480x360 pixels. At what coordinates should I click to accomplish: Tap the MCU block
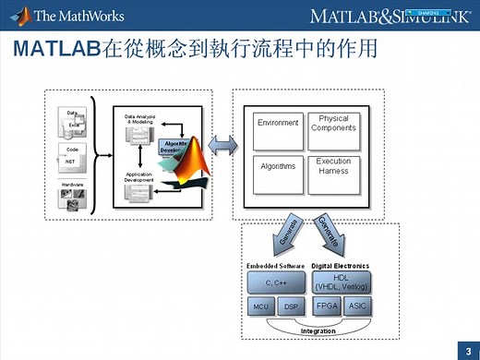260,306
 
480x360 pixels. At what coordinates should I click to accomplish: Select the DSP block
291,306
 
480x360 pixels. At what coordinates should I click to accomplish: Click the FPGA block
326,306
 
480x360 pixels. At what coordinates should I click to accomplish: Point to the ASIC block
356,306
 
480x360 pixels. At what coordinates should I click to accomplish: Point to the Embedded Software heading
275,266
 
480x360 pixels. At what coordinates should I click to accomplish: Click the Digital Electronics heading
342,266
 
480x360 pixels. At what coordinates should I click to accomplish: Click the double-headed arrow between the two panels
225,146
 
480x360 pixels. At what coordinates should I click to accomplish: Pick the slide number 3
468,349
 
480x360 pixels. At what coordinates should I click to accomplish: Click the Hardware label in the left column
72,185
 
